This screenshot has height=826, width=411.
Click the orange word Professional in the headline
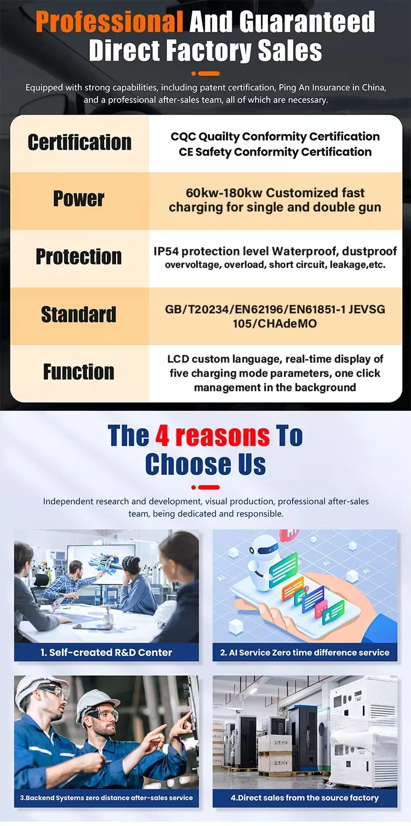tap(109, 22)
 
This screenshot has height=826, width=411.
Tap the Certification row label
tap(79, 142)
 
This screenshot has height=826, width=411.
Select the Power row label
tap(78, 199)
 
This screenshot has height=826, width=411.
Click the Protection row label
tap(78, 256)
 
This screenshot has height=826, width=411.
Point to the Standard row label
tap(78, 314)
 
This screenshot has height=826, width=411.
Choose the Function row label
tap(78, 372)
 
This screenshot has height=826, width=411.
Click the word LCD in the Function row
tap(178, 359)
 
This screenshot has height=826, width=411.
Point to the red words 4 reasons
tap(213, 436)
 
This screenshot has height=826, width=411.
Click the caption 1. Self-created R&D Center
tap(106, 652)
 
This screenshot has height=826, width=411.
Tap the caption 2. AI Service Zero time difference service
tap(305, 652)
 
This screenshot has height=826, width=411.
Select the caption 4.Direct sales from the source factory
tap(305, 798)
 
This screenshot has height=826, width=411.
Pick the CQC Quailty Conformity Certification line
tap(275, 136)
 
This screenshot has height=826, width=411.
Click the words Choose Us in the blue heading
tap(206, 465)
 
